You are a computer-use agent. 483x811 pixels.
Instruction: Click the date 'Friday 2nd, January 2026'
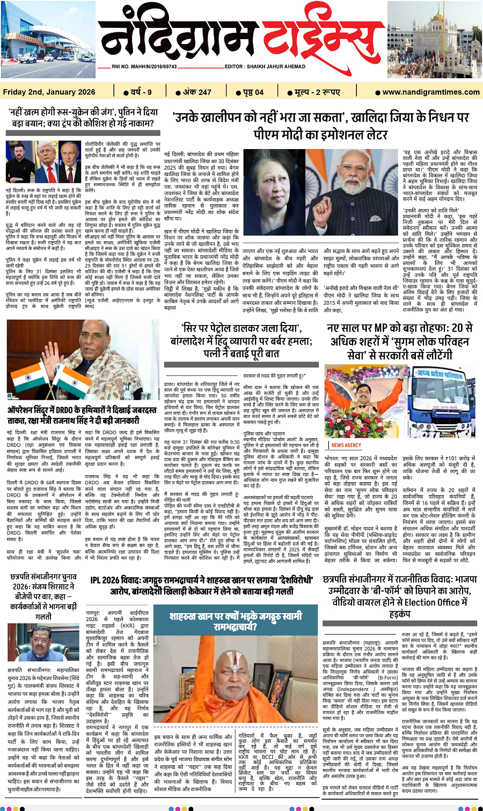(49, 92)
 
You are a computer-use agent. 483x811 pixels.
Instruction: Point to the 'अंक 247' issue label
(197, 92)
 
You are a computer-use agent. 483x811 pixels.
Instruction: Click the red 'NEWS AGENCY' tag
(346, 445)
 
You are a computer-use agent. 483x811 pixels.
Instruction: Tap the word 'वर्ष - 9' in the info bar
(141, 92)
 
